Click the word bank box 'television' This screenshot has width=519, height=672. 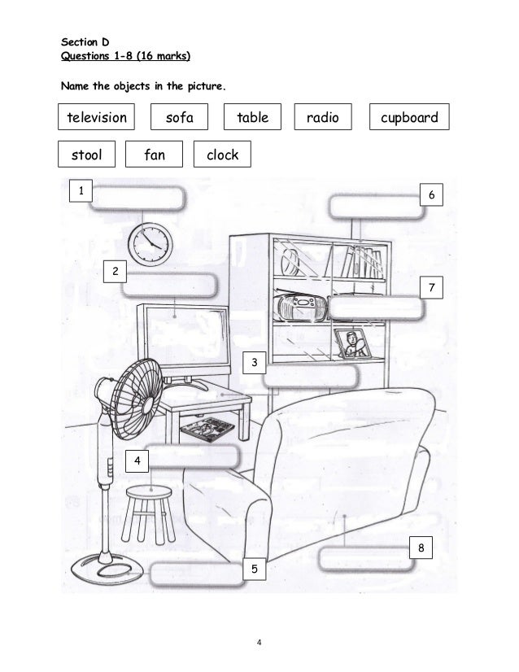(97, 118)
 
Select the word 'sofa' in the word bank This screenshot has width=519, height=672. (180, 118)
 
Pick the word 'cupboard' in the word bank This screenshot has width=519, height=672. (409, 118)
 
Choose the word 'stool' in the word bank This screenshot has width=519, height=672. (87, 154)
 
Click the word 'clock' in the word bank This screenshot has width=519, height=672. (222, 154)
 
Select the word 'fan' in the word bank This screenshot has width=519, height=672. (155, 154)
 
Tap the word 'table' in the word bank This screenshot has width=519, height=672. (252, 118)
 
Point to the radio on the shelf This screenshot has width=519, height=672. (301, 308)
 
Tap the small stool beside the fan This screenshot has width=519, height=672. (150, 512)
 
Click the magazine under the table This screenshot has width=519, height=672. (205, 426)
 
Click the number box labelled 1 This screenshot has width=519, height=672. (81, 190)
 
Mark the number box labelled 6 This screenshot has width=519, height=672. (432, 195)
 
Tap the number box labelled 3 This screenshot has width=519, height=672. (255, 361)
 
